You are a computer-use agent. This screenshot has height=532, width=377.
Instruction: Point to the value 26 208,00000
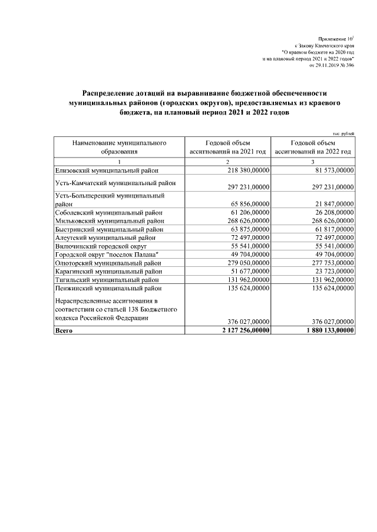[330, 212]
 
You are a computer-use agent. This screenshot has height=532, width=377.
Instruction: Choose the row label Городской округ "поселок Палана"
[107, 255]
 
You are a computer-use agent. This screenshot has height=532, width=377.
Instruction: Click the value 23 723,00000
[330, 272]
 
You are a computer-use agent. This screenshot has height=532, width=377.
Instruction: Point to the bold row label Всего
[63, 331]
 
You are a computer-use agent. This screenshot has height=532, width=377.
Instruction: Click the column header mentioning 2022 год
[313, 146]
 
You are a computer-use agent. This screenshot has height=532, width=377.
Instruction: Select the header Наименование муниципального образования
[119, 146]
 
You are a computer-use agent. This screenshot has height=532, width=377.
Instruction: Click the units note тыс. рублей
[343, 134]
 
